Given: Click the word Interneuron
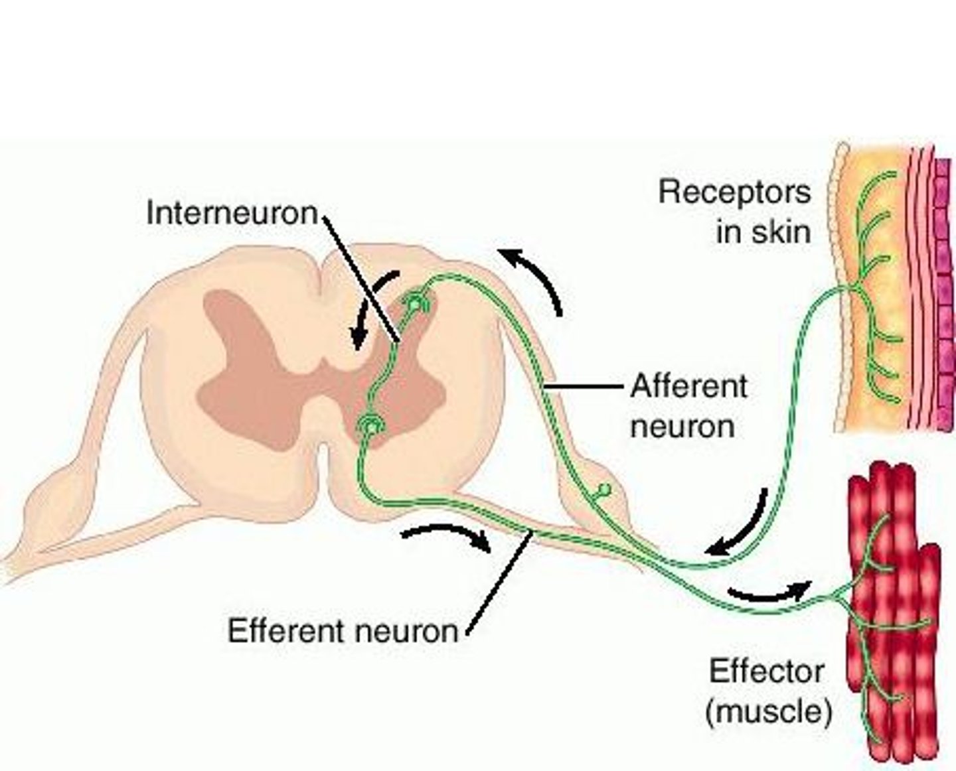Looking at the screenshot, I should coord(232,214).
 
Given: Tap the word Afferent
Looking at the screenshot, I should coord(688,386).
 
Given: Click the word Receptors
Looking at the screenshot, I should coord(734,192).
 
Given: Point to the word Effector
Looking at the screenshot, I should coord(766,671).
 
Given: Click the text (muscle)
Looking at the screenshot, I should coord(767,712).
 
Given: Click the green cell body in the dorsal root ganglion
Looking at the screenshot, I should coord(604,490).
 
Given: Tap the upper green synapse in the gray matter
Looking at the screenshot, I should coord(415,304).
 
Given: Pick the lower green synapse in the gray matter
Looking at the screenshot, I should coord(367,425).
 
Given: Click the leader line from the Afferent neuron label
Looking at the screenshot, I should coord(584,385).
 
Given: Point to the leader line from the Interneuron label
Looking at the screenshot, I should coord(362,279).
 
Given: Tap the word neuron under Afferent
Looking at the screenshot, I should coord(682,426).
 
